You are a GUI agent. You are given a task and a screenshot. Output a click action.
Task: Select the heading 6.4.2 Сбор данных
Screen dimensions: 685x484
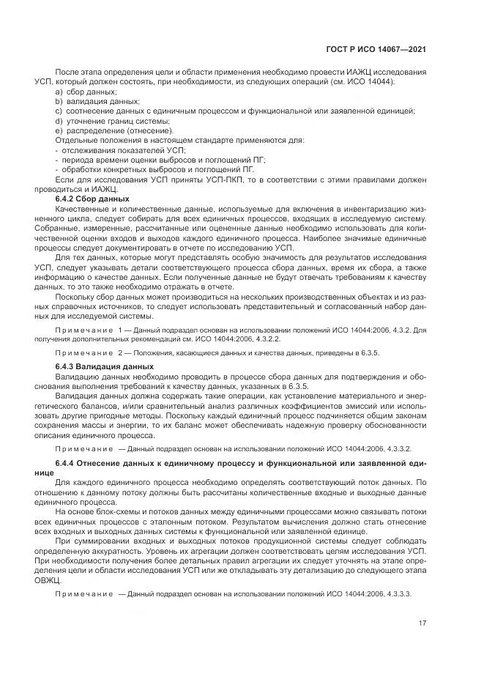(82, 199)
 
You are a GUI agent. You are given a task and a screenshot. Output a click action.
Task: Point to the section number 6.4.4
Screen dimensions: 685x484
(67, 464)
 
